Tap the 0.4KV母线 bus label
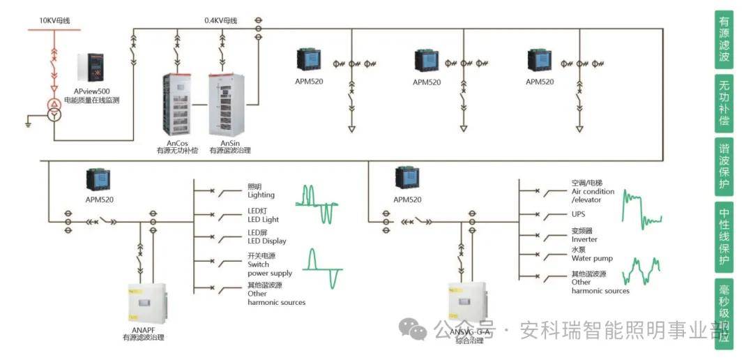coord(220,20)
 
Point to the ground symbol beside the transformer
coord(29,123)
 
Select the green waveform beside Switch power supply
coord(324,268)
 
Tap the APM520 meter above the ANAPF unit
coord(96,179)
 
